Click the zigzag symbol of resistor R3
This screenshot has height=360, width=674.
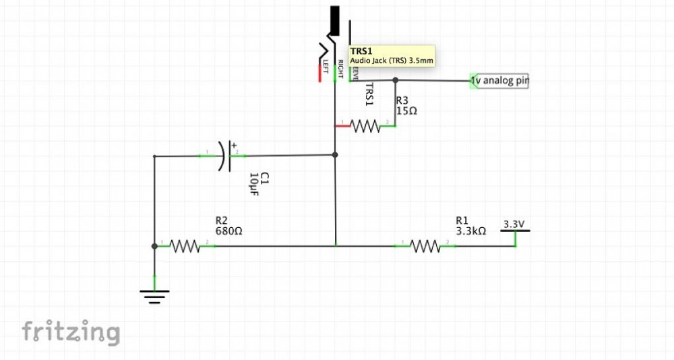click(366, 126)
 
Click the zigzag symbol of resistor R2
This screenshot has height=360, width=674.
click(186, 246)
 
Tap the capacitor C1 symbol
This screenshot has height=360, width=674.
click(226, 156)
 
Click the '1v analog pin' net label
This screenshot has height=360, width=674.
click(500, 81)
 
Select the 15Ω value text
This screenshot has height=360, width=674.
click(406, 110)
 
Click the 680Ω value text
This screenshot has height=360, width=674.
click(228, 231)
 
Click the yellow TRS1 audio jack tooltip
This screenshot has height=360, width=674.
click(392, 55)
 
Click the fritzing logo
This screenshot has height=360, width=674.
click(71, 332)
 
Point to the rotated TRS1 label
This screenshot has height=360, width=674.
click(369, 94)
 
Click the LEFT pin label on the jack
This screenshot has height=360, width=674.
click(326, 66)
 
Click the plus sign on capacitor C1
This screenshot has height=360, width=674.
click(234, 144)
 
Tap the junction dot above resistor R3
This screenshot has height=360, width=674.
click(395, 80)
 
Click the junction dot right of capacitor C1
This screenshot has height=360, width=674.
click(335, 155)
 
